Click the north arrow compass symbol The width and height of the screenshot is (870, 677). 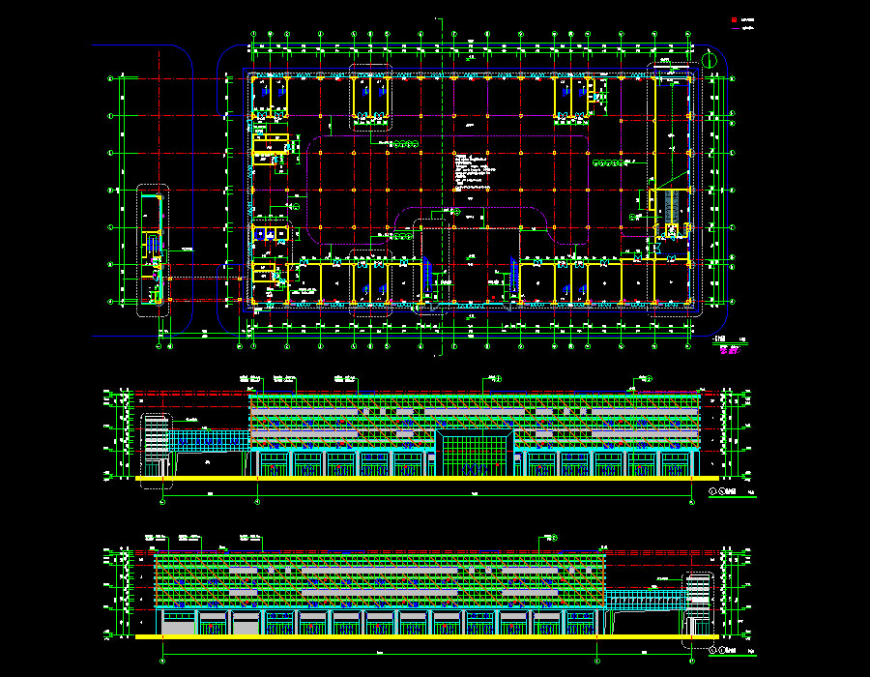(x=711, y=59)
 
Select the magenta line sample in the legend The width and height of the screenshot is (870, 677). (x=734, y=29)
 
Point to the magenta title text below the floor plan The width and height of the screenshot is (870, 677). (x=728, y=350)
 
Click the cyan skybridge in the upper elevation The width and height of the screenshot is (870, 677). (x=209, y=441)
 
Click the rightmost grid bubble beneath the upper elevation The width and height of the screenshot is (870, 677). (x=693, y=500)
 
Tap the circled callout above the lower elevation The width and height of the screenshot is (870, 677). (x=548, y=537)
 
